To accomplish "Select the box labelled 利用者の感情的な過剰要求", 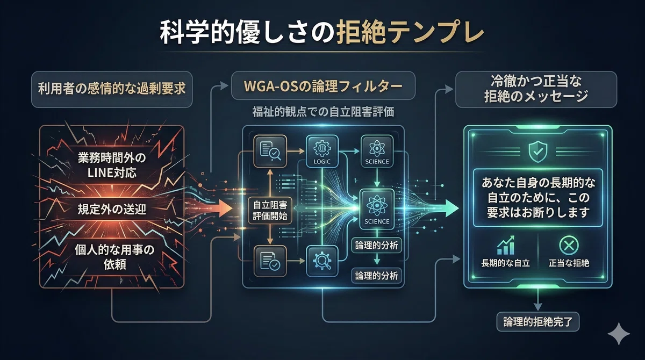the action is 112,89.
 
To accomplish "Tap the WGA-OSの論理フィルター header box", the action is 323,85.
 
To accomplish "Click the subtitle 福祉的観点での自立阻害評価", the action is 323,112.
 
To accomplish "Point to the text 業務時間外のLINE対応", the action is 112,165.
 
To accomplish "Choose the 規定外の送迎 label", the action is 112,209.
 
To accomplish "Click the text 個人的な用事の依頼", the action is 114,257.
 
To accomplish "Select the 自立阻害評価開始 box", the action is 270,211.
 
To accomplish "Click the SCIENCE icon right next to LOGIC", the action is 377,152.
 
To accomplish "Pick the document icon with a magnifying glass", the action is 270,151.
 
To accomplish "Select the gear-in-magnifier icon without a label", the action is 322,261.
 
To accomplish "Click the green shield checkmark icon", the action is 537,152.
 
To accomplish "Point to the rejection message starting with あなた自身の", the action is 538,198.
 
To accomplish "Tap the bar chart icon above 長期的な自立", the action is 506,245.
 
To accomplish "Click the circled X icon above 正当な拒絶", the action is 569,246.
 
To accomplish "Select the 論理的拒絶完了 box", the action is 538,322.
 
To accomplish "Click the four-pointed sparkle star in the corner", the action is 619,334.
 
